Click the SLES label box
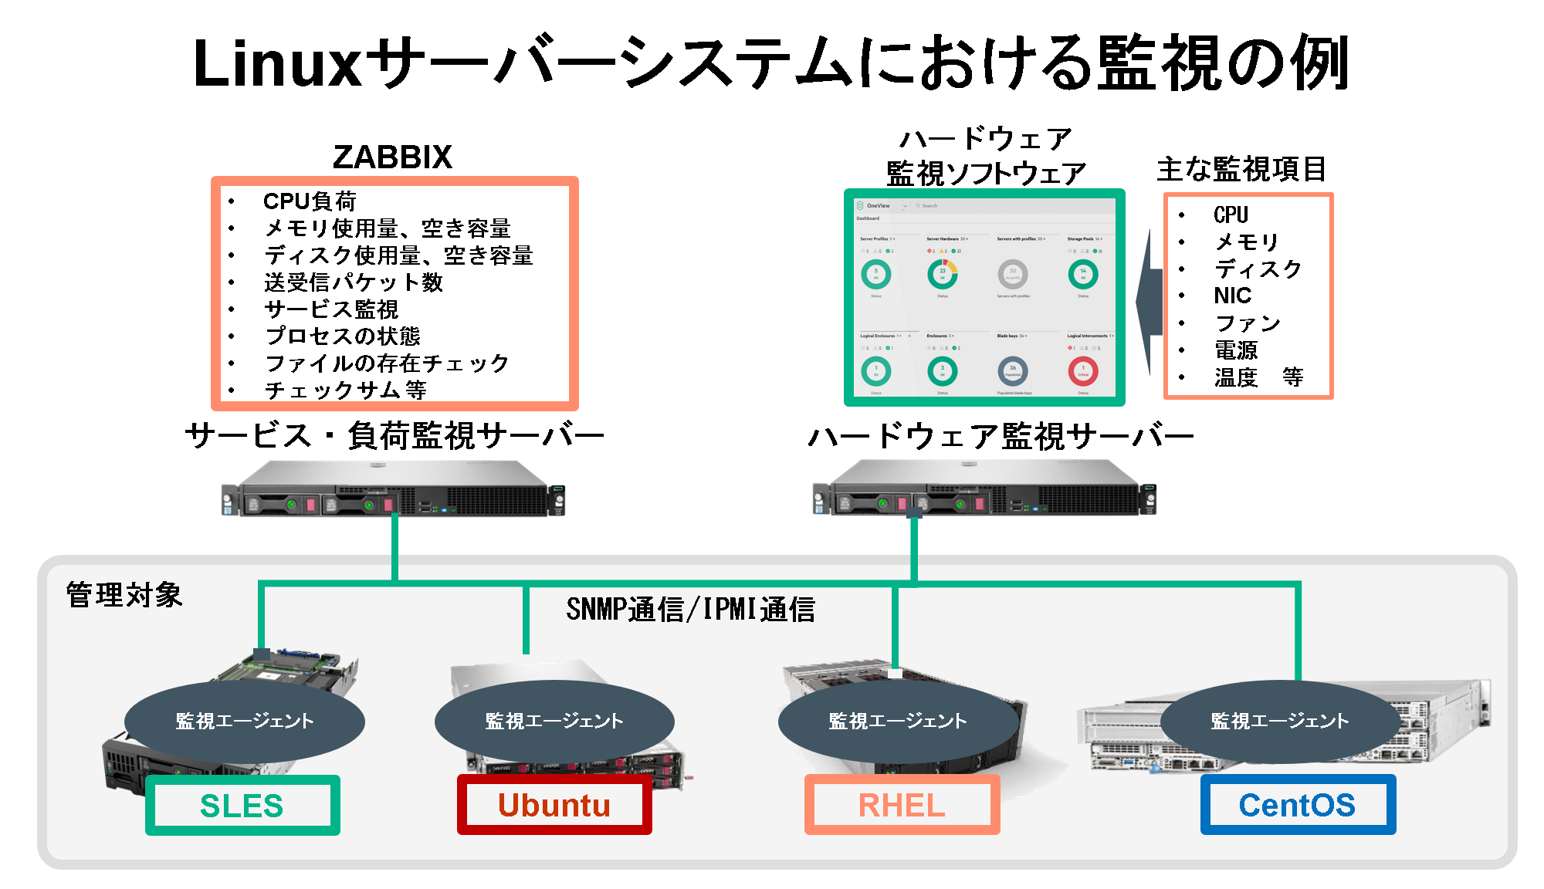(242, 806)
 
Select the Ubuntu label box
(554, 806)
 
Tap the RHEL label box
(902, 806)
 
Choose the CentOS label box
(1298, 806)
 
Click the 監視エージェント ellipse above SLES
(245, 721)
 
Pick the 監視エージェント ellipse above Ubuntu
(554, 721)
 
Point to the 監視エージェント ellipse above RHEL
(898, 721)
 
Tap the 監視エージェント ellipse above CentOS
(1280, 721)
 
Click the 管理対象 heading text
(124, 595)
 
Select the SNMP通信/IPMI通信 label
(691, 610)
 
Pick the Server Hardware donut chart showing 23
(943, 274)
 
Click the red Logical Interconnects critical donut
(1083, 371)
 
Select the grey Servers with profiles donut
(1013, 274)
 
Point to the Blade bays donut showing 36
(1013, 371)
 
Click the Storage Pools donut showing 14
(1083, 274)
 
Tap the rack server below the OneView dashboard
(984, 488)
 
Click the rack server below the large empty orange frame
(393, 488)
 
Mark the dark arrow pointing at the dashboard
(1150, 301)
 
